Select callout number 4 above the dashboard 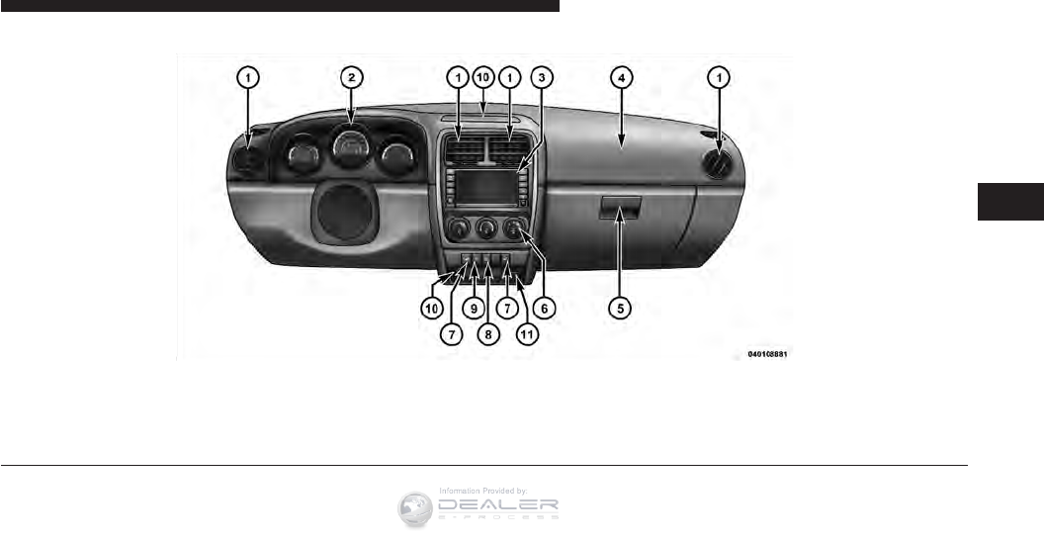click(620, 76)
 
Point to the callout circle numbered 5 click(620, 308)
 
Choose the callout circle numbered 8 click(487, 334)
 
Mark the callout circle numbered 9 click(476, 308)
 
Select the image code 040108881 click(770, 353)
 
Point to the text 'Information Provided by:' click(483, 490)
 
